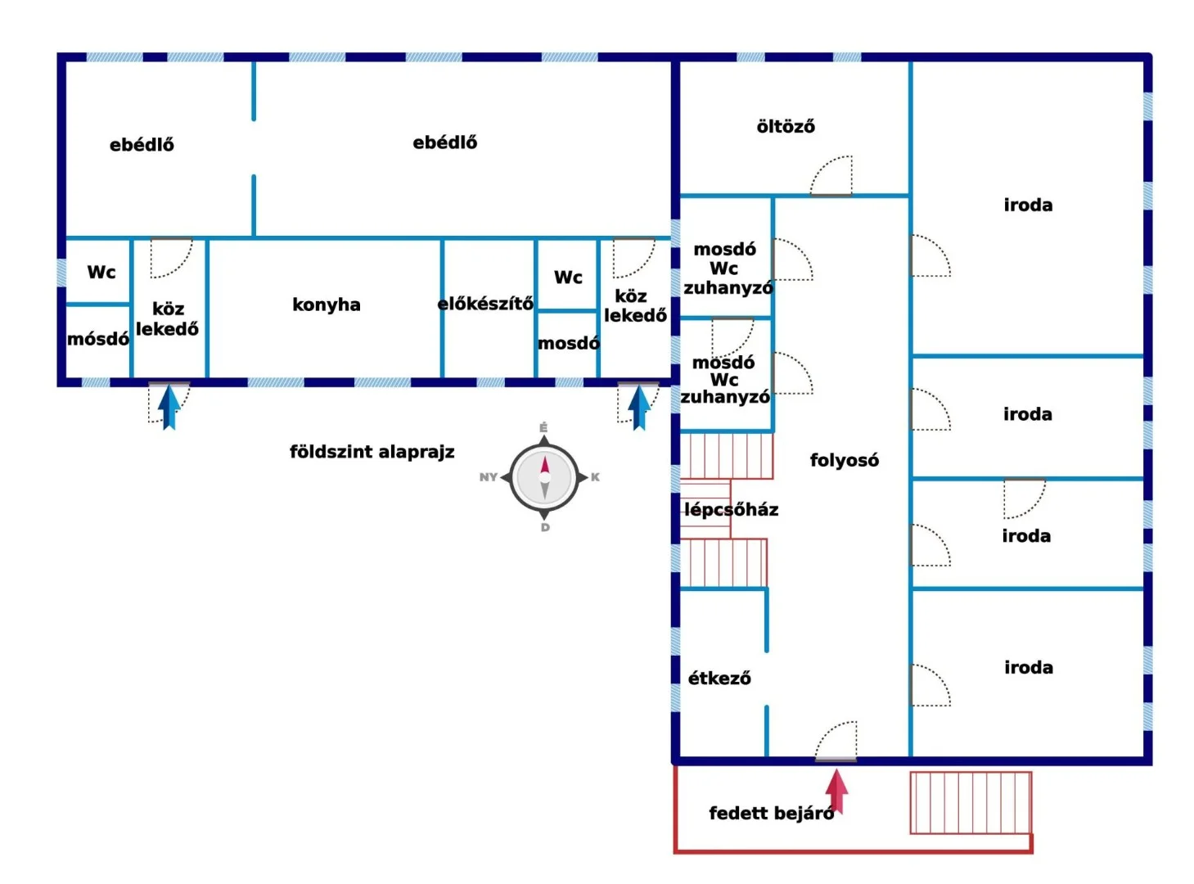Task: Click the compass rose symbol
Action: [544, 477]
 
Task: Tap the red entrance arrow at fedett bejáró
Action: [836, 792]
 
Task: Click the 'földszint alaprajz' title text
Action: [372, 452]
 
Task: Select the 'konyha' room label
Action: [327, 304]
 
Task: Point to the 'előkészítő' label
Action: [485, 304]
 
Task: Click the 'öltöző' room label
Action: [786, 126]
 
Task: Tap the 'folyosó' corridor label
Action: [844, 460]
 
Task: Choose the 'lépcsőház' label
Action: [731, 509]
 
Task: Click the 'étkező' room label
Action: [719, 678]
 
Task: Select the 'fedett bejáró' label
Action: [771, 813]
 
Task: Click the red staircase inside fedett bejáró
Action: [970, 802]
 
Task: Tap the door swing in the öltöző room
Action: [833, 176]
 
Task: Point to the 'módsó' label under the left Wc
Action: [98, 339]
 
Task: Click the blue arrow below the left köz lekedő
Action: [169, 406]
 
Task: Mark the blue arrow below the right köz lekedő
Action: [639, 406]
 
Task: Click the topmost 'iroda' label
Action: [1028, 205]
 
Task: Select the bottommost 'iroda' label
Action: [1029, 667]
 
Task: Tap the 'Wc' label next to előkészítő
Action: [568, 277]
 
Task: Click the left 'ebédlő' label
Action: [142, 145]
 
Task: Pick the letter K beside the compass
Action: [595, 477]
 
